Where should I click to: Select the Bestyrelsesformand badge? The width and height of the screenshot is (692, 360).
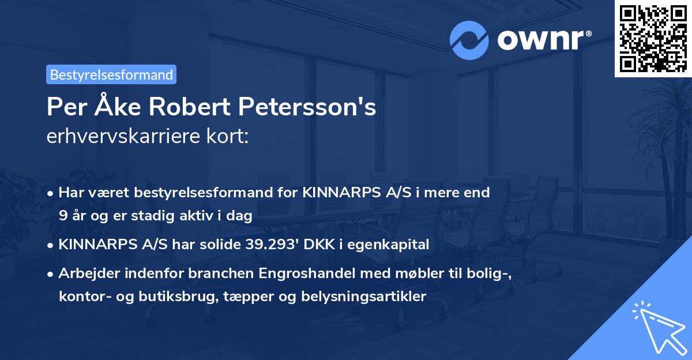[111, 74]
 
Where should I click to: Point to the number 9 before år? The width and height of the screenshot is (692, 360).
[62, 216]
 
